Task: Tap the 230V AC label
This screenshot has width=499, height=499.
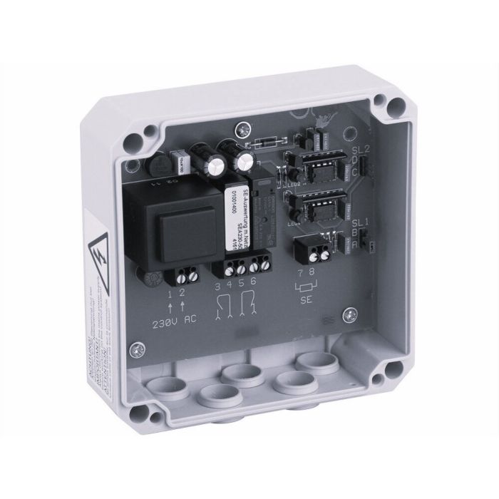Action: [175, 321]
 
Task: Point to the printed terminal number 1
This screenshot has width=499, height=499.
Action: [170, 293]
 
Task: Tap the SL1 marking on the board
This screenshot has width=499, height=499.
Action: [359, 222]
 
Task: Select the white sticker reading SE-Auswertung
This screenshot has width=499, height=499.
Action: [234, 214]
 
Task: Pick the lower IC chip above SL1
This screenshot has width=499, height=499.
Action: [319, 208]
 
